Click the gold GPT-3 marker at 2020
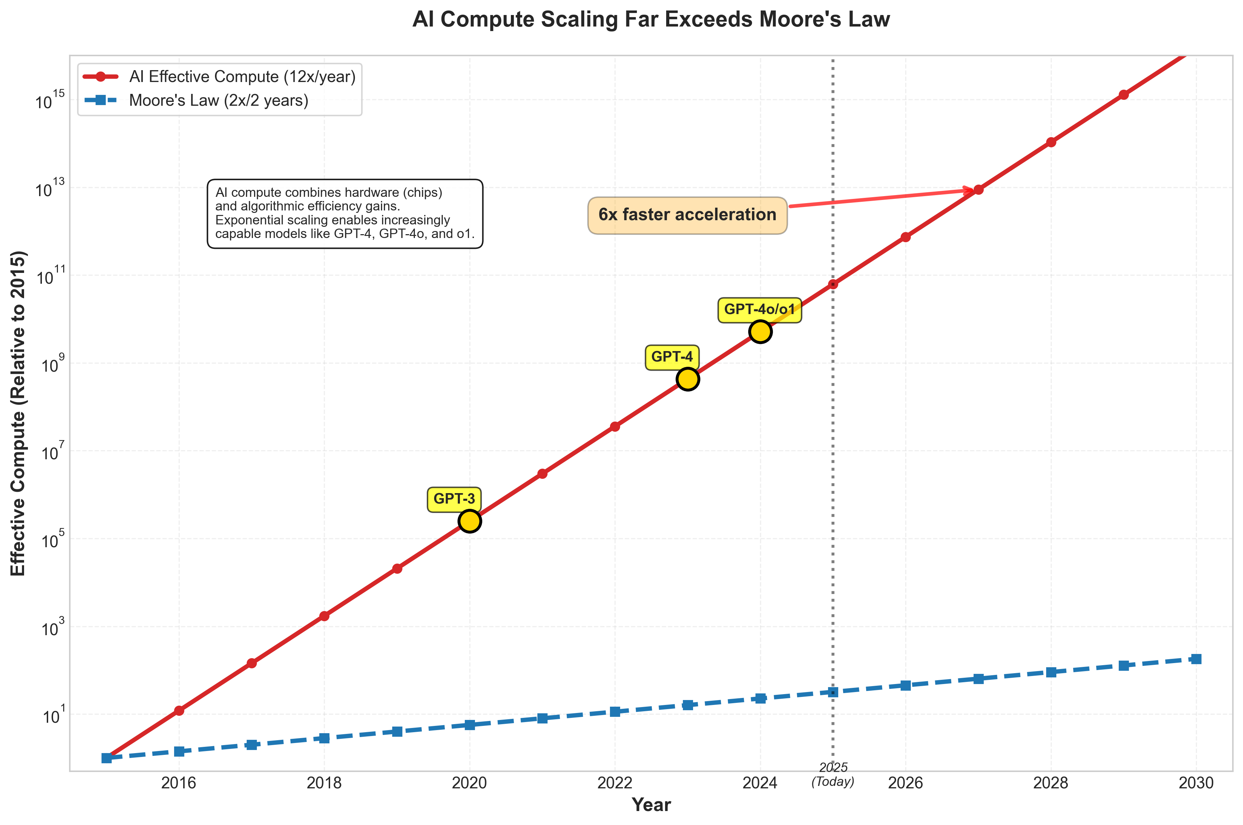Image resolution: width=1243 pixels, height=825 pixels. [x=469, y=521]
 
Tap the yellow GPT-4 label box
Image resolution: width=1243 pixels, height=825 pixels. [x=672, y=357]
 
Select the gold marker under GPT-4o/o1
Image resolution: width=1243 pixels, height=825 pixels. [x=760, y=332]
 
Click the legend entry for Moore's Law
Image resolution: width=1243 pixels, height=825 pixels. [x=218, y=100]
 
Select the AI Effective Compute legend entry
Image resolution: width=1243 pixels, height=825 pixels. [x=242, y=77]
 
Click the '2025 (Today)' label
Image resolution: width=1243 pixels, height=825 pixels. [x=833, y=774]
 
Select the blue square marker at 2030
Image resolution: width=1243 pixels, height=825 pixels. [x=1196, y=659]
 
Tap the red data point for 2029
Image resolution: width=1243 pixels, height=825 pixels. [x=1123, y=95]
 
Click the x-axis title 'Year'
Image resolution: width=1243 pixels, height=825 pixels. [x=651, y=805]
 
